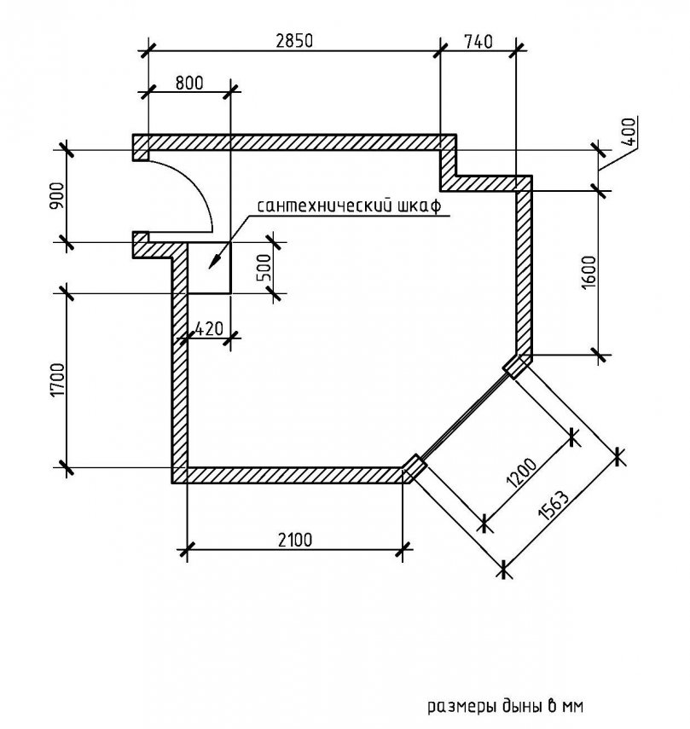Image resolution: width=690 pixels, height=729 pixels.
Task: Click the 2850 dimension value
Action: coord(293,39)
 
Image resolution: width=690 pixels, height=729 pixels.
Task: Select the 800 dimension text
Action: coord(188,83)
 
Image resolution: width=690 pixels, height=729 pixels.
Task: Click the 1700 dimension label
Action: coord(57,380)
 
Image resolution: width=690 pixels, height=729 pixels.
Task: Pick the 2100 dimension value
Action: coord(294,539)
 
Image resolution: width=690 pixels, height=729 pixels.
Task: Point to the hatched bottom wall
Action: coord(294,475)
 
